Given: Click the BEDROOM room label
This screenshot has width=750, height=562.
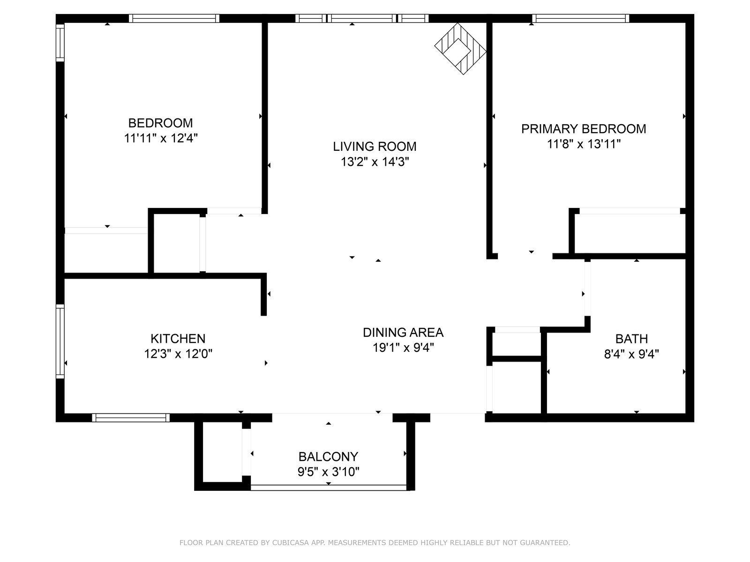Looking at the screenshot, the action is pos(160,123).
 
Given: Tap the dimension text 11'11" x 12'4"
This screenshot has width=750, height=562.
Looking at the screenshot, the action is pos(161,138).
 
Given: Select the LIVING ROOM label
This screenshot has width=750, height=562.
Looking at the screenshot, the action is pos(375,147).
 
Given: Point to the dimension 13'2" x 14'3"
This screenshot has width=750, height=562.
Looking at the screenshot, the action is pos(375,162).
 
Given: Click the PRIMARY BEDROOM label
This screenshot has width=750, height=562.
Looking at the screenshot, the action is pos(583,129).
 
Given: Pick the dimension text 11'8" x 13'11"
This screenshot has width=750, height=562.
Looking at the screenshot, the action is pos(584,144).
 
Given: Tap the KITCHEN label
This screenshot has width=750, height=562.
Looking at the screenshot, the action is pos(178,339).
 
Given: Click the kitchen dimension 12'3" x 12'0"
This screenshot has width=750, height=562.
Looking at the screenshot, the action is pos(178,354).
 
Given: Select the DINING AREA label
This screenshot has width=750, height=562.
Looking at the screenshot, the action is pos(403,332).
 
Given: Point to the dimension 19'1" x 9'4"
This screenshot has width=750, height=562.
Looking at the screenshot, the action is pos(403,348).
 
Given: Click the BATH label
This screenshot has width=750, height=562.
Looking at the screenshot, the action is pos(631,339).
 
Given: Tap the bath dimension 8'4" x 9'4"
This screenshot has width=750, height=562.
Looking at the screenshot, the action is pos(631,354).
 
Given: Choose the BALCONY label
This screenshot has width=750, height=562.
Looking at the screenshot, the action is pos(328,456).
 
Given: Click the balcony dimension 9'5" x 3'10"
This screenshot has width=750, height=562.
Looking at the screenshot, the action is pos(328,472).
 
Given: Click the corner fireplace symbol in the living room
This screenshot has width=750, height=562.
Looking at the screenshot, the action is pos(460,48).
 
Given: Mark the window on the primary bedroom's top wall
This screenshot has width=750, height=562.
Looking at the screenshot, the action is pos(580,18).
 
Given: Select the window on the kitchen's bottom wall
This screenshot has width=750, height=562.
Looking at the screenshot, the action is pos(130,418).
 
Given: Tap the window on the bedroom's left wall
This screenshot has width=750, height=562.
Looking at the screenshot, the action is pos(60,43).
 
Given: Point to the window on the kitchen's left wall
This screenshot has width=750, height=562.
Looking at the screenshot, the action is pos(60,341).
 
